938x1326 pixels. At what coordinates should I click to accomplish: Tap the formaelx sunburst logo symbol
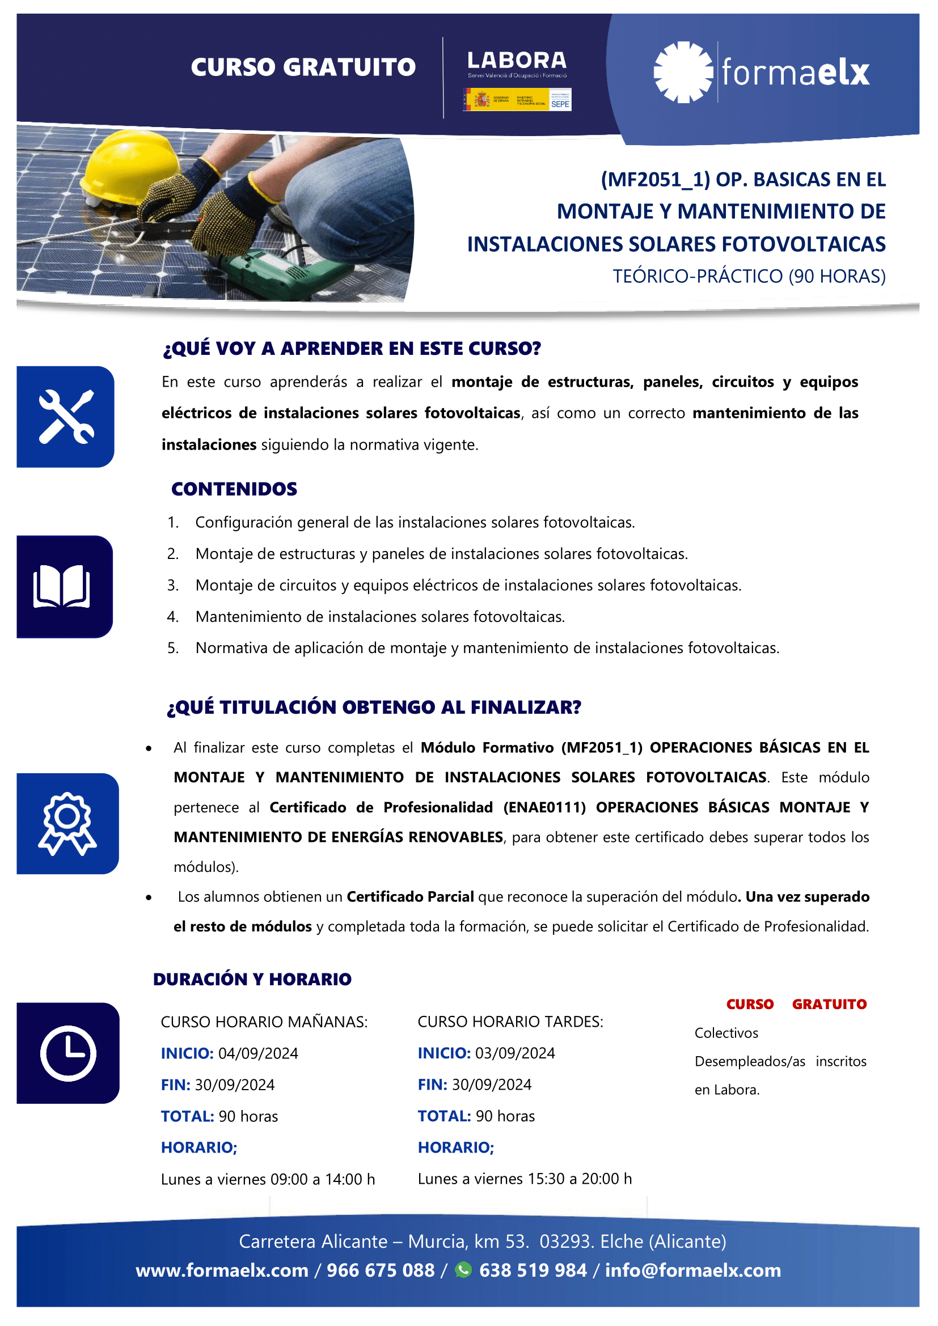683,72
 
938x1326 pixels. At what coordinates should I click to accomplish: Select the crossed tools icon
66,417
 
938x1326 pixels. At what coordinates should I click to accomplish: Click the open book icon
62,587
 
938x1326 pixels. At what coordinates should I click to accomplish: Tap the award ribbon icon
67,823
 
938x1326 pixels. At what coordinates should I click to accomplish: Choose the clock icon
68,1053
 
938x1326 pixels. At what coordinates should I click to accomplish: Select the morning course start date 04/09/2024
258,1053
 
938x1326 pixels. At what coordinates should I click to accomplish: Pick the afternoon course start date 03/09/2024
514,1053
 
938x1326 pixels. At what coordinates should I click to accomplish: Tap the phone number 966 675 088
381,1270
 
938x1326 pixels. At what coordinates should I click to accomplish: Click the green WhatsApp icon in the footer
463,1270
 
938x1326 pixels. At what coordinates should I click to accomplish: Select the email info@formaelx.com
692,1270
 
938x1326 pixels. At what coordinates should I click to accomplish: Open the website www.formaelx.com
222,1270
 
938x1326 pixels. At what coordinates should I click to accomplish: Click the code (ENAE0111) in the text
544,807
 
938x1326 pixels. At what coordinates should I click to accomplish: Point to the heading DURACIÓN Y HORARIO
252,980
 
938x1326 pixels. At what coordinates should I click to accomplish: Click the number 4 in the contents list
172,617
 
